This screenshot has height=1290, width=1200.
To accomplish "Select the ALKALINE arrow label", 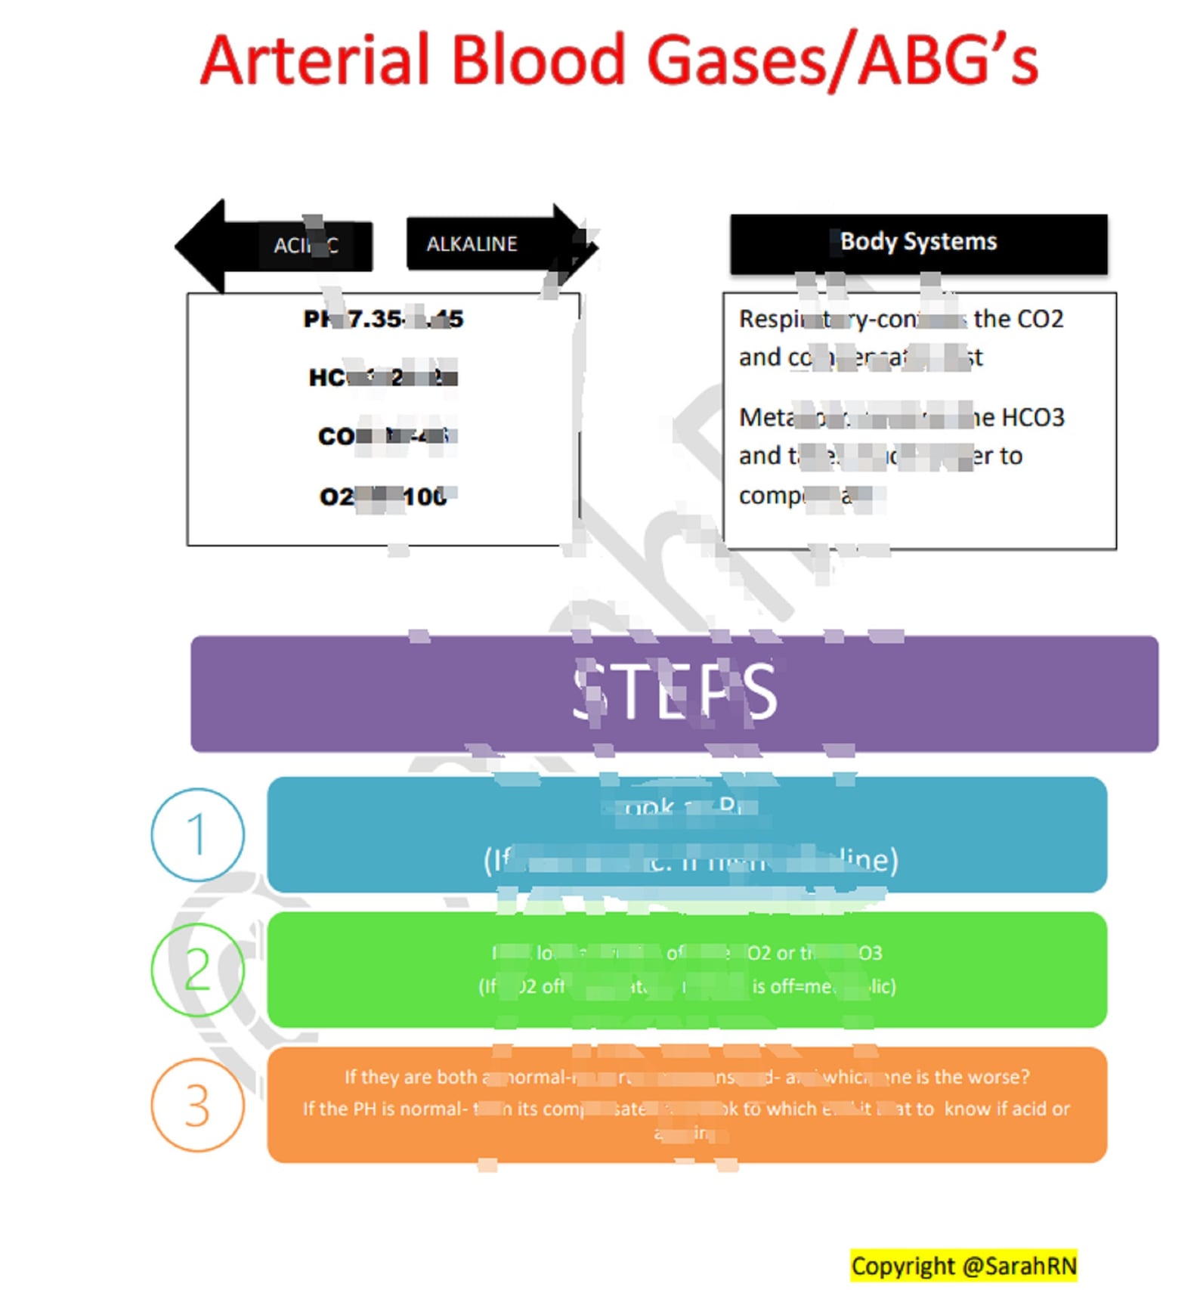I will (x=472, y=244).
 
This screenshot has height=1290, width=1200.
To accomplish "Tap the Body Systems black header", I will (x=917, y=242).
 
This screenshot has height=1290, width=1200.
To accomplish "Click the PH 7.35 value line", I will (x=383, y=319).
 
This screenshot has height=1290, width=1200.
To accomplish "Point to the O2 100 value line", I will (x=383, y=497).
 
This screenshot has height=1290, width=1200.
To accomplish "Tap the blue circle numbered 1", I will (x=197, y=834).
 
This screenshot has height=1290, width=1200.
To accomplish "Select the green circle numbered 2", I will (x=197, y=969).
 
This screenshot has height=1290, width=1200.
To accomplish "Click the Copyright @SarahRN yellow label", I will (x=963, y=1265).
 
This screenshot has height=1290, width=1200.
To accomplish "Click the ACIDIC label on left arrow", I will (x=305, y=246).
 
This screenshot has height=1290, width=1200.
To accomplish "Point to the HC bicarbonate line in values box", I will (x=383, y=377).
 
